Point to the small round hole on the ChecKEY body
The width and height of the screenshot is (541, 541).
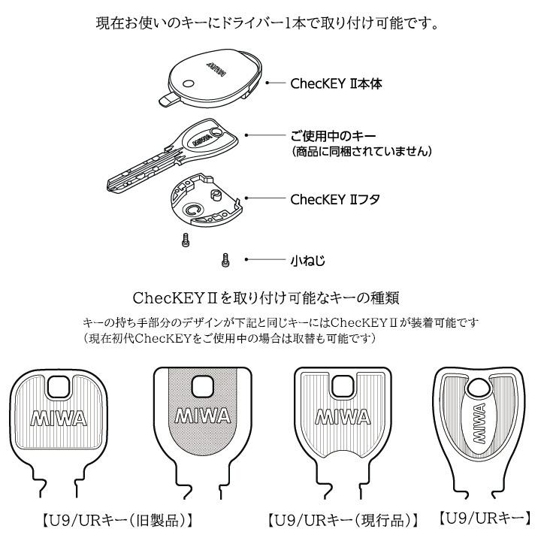(189, 84)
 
